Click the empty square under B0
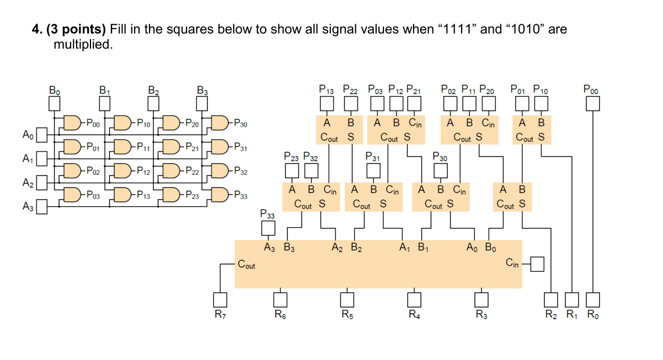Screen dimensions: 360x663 tap(54, 103)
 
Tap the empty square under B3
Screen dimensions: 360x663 tap(203, 103)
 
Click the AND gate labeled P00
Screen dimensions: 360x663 tap(72, 122)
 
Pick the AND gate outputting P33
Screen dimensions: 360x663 tap(221, 195)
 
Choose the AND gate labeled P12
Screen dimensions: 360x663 tap(122, 170)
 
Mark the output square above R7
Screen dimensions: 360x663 tap(220, 299)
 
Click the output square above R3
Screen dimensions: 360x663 tap(482, 299)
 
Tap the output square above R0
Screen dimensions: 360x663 tap(592, 299)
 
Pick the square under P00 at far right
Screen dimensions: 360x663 tap(592, 103)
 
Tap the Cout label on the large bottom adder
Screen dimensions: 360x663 tap(247, 265)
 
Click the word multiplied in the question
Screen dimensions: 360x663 tap(83, 45)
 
